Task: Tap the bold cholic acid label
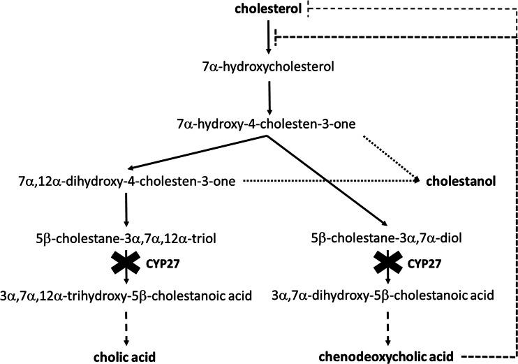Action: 126,354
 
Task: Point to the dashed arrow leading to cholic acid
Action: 126,326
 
